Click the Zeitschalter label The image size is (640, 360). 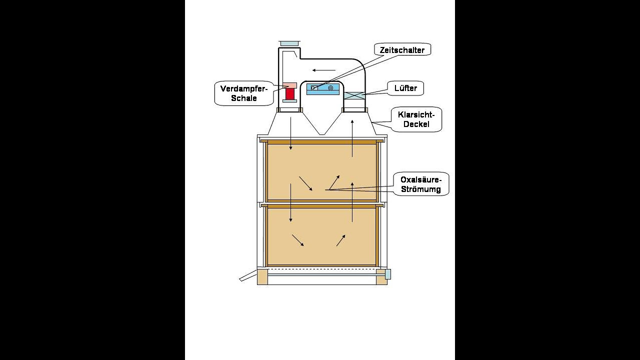point(402,49)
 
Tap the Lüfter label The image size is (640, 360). point(405,88)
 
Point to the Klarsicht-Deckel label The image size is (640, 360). point(416,119)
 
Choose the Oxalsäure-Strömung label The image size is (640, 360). point(420,184)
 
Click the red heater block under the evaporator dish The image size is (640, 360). point(290,93)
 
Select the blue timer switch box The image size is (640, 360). point(322,88)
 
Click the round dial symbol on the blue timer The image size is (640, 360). point(330,88)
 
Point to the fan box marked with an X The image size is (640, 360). point(354,95)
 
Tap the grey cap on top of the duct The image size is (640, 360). point(289,43)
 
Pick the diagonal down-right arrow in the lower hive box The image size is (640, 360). point(297,240)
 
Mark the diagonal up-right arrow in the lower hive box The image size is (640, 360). point(340,240)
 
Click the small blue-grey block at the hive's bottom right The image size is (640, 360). point(387,274)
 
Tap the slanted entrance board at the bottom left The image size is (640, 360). point(248,276)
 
